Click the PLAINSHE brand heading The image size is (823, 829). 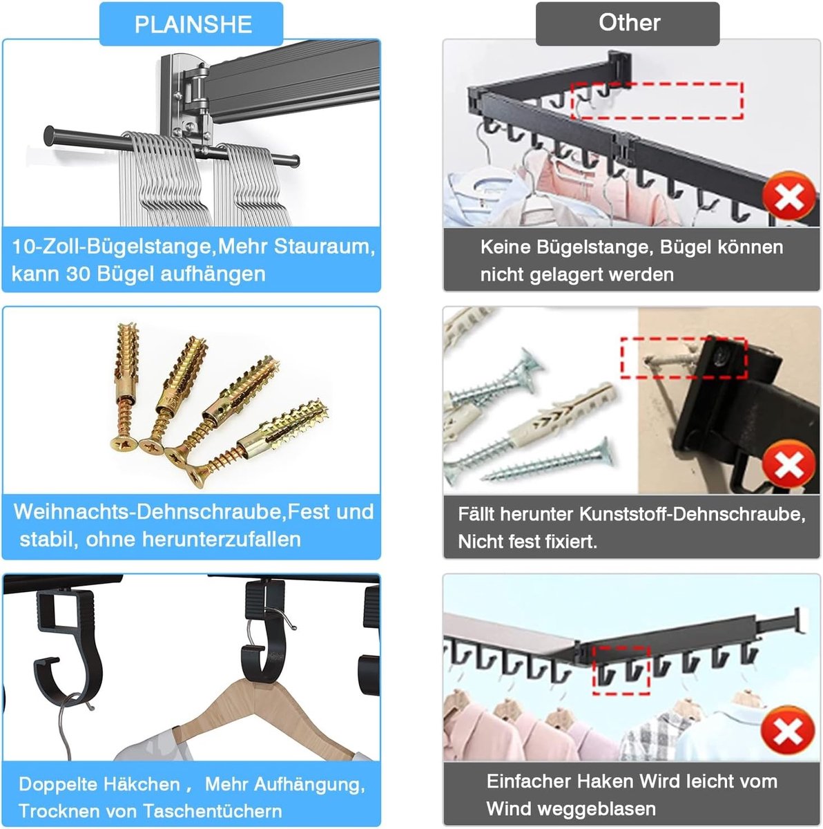193,24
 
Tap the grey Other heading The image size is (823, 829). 629,22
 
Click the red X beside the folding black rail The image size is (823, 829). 789,198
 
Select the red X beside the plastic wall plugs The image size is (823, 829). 789,465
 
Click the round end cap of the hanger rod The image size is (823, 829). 49,135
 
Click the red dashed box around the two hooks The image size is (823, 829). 621,670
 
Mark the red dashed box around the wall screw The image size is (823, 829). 684,359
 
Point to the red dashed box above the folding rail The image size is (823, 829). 656,100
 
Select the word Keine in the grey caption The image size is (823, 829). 505,247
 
